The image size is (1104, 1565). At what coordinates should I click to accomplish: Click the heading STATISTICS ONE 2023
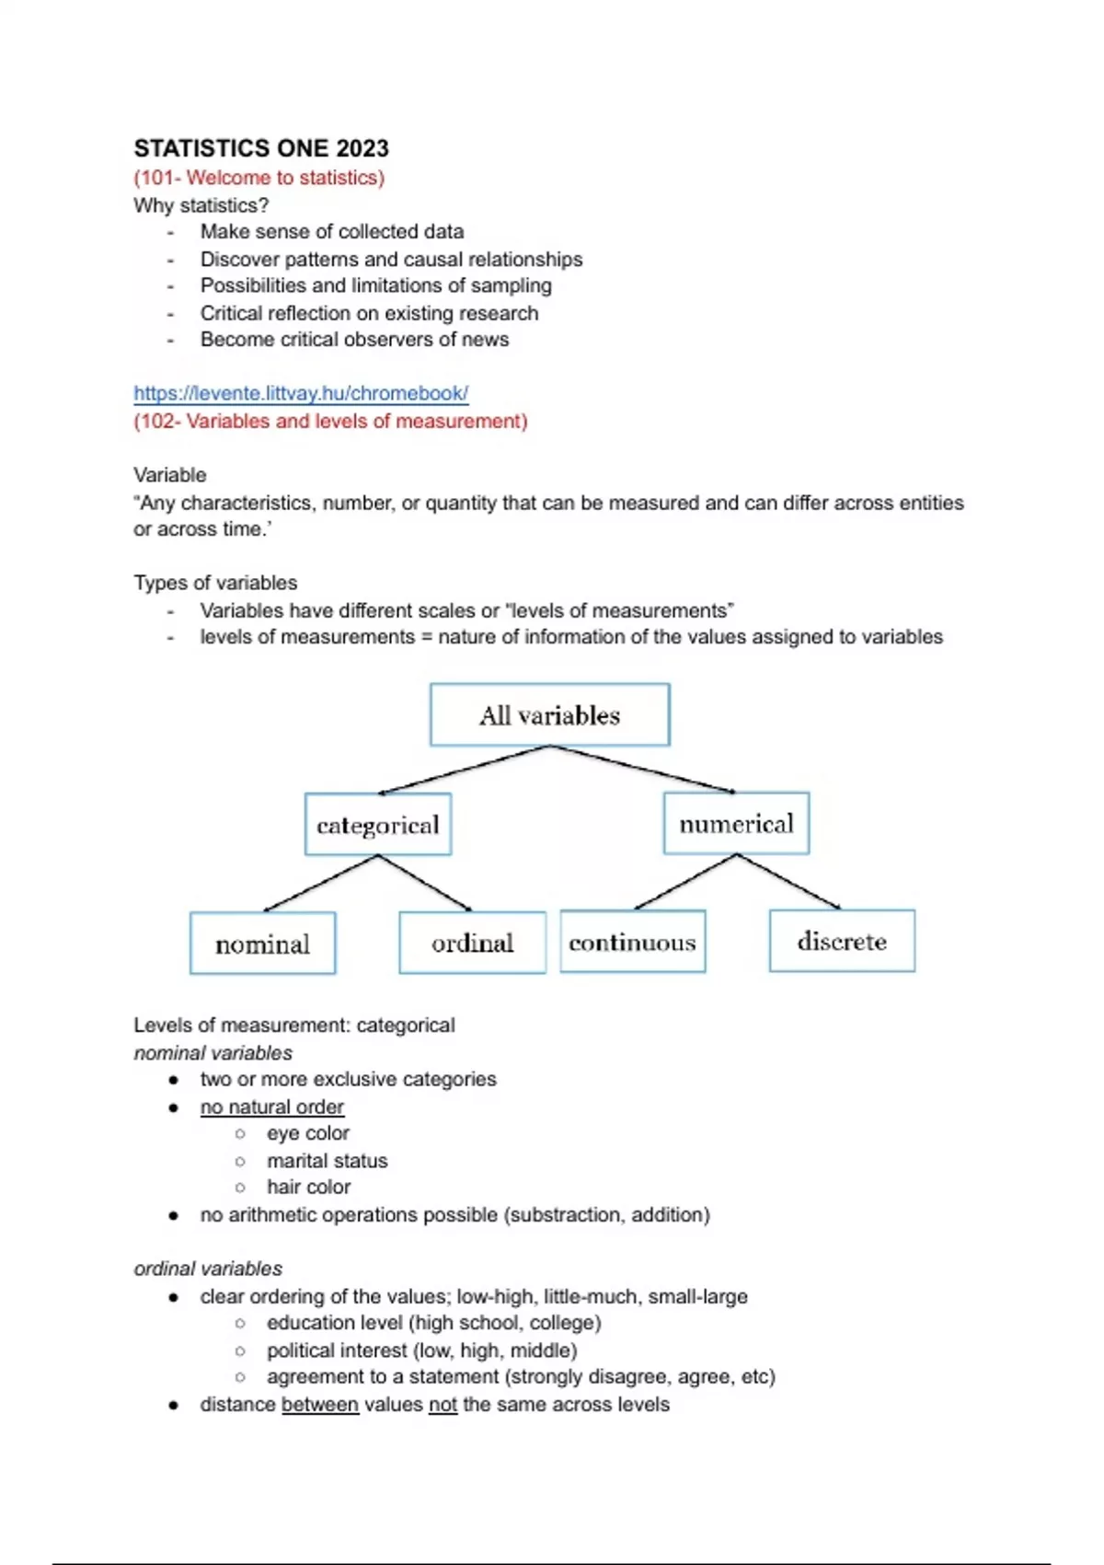[261, 148]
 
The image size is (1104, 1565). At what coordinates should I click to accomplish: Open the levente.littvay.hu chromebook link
[301, 393]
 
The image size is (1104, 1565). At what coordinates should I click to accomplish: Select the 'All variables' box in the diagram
[549, 714]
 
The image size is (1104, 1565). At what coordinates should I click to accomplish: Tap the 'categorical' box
[377, 824]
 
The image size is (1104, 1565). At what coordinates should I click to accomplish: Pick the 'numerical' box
[736, 823]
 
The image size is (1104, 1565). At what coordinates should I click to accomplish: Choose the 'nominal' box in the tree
[262, 943]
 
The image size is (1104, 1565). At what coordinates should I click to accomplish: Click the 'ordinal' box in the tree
[472, 942]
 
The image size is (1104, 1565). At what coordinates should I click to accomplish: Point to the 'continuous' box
[632, 942]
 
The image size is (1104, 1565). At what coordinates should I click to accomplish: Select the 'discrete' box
[842, 941]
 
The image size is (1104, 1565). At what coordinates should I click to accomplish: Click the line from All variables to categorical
[465, 770]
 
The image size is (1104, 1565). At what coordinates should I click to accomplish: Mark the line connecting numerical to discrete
[788, 882]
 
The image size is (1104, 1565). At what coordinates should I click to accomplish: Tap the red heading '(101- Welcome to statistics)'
[259, 178]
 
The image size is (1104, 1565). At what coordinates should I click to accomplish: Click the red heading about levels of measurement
[330, 422]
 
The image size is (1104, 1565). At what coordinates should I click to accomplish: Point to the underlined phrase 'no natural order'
[272, 1107]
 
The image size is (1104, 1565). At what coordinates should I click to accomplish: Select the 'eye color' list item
[308, 1133]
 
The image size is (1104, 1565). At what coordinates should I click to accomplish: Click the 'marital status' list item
[327, 1161]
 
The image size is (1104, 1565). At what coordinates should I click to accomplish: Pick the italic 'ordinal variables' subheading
[208, 1269]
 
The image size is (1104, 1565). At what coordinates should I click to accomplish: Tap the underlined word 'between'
[320, 1405]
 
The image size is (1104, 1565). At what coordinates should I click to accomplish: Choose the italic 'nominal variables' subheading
[213, 1053]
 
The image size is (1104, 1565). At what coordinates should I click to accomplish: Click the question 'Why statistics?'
[201, 205]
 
